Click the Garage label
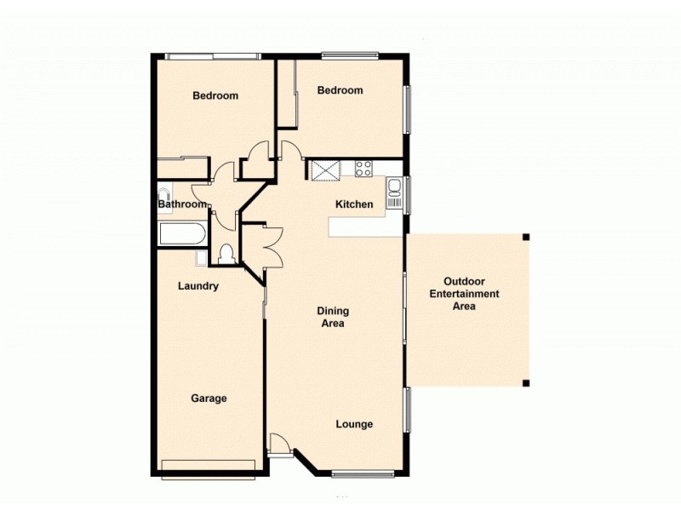(x=209, y=398)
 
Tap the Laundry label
(x=198, y=286)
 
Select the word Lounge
(x=354, y=424)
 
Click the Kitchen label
(x=354, y=204)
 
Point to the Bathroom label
(x=182, y=204)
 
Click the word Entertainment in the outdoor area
(x=464, y=294)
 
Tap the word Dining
(x=334, y=311)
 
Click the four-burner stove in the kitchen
(x=363, y=168)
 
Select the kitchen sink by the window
(x=394, y=193)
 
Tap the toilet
(x=226, y=254)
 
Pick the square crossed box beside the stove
(x=324, y=169)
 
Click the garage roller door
(x=208, y=465)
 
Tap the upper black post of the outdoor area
(x=526, y=237)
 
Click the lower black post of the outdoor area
(x=526, y=382)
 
